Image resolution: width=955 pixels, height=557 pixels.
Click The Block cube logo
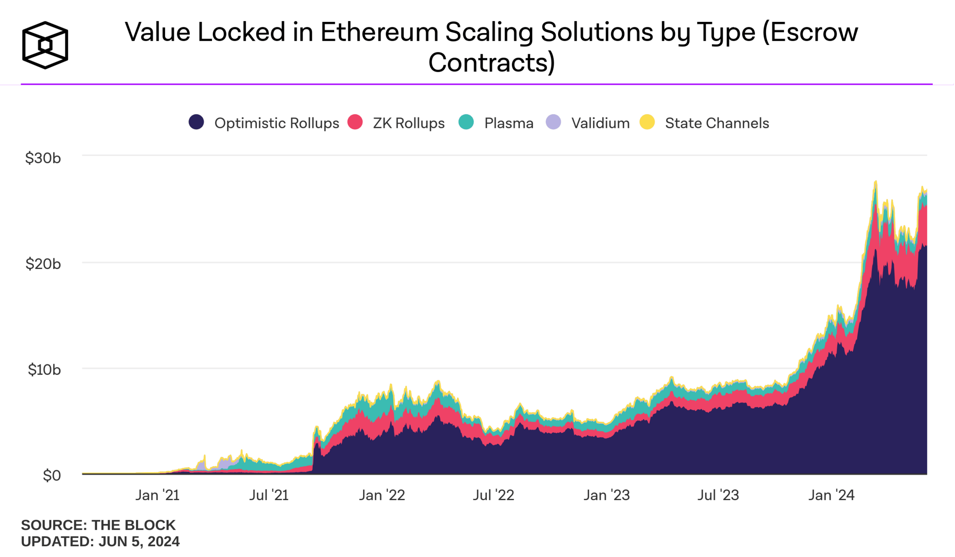45,45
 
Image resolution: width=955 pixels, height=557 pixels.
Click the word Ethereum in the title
379,32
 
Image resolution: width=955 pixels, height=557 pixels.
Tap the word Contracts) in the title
491,63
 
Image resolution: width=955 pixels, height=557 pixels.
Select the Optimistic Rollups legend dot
196,122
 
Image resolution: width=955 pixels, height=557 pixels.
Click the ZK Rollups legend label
408,123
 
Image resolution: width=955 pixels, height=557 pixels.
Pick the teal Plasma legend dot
466,122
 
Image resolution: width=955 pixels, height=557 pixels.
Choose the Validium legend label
600,123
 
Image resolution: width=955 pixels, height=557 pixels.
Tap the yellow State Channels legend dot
647,122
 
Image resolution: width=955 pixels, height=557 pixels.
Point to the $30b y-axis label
43,158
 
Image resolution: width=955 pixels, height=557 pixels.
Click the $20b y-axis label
43,264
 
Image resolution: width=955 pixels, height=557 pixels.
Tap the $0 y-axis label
52,476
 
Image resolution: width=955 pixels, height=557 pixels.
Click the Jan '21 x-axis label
158,495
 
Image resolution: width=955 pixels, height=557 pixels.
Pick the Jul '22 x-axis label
493,495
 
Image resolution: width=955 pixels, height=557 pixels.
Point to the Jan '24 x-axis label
831,495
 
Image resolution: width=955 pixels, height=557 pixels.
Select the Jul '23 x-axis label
718,495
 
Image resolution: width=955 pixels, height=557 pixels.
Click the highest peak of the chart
876,182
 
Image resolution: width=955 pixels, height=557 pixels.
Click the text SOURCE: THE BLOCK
98,525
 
